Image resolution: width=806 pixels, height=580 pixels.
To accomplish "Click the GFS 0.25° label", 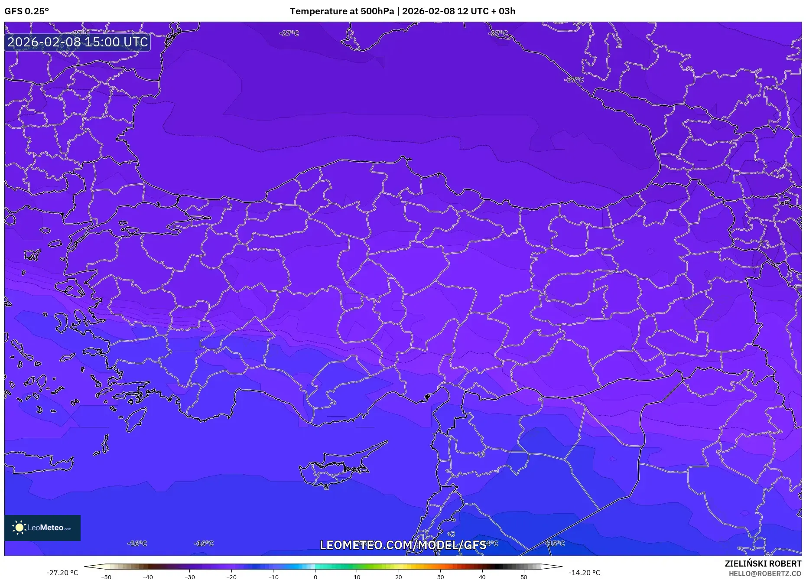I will pos(27,11).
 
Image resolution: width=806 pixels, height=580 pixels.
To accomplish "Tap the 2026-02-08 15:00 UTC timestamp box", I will pos(78,42).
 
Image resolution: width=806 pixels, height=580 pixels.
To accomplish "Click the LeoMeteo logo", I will pos(42,528).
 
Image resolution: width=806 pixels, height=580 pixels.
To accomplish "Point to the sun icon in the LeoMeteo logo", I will pos(19,528).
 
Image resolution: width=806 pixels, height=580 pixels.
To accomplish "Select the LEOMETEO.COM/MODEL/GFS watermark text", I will pos(403,545).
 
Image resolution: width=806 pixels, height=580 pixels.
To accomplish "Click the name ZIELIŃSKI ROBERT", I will pos(763,564).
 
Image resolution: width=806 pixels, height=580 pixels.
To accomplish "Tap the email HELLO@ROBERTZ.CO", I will pos(765,573).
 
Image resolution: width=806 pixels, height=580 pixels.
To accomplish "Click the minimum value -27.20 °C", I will pos(62,573).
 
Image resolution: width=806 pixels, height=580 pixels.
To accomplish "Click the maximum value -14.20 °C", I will pos(584,573).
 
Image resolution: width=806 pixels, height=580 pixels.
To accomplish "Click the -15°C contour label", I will pos(555,543).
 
